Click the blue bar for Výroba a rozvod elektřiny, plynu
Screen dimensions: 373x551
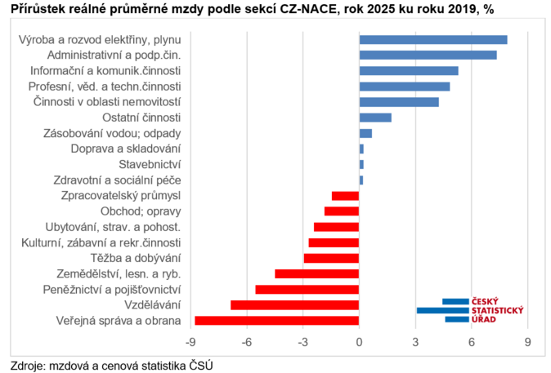(x=433, y=40)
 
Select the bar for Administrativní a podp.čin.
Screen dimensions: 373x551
(x=428, y=56)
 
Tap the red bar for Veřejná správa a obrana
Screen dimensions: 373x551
(x=277, y=321)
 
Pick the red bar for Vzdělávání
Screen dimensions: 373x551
(x=295, y=305)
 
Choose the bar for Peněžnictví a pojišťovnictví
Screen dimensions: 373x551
(x=307, y=290)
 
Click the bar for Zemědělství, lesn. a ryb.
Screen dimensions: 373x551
(x=317, y=273)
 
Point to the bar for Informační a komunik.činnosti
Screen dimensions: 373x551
(x=409, y=71)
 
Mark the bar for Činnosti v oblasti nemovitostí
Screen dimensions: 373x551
(x=399, y=102)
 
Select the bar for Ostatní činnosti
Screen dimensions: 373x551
(x=375, y=118)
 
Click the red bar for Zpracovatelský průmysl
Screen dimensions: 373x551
(x=345, y=196)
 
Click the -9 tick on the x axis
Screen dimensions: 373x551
(x=191, y=341)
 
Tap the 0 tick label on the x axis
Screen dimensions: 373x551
(x=360, y=341)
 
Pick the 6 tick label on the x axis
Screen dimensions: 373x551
(x=472, y=341)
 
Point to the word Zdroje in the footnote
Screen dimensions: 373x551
(x=28, y=364)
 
